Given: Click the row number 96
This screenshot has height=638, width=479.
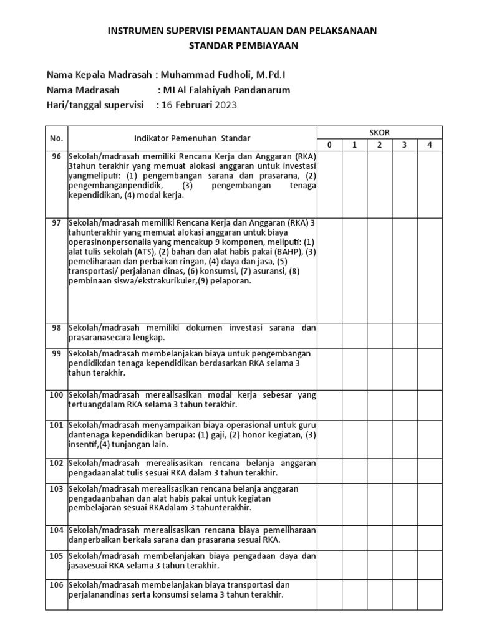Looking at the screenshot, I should (57, 156).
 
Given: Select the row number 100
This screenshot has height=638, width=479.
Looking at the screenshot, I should (57, 395).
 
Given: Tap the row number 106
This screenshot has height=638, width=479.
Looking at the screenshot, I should (57, 585).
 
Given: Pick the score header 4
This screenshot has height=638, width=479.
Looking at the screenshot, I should (430, 145).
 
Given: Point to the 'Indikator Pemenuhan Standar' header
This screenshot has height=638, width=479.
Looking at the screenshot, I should (193, 138).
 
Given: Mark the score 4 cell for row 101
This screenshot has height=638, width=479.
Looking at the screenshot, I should (430, 436).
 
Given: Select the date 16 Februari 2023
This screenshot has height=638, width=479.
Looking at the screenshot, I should (200, 105).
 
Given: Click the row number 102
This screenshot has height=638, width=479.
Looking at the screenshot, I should (57, 463).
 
